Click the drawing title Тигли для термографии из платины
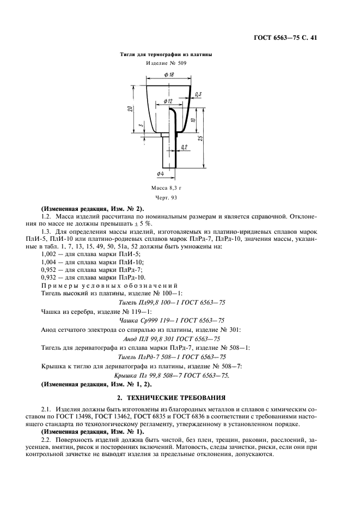tap(166, 55)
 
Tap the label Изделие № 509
tap(166, 64)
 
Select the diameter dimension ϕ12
tap(167, 101)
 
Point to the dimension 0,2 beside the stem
tap(184, 147)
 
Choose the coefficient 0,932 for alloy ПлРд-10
tap(50, 277)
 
